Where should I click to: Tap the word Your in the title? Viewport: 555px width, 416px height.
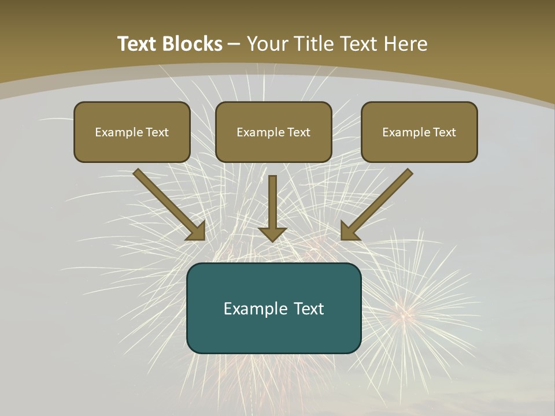click(269, 44)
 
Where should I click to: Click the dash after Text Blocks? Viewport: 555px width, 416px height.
click(234, 44)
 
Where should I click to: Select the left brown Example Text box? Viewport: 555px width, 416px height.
click(132, 132)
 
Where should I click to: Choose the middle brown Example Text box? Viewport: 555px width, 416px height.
click(273, 132)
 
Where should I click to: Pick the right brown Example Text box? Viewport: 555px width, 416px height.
click(419, 132)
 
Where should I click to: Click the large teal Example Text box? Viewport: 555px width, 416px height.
click(273, 308)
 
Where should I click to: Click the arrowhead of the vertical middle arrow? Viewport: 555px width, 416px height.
click(272, 233)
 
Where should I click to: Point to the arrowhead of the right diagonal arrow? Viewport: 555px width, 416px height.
click(349, 232)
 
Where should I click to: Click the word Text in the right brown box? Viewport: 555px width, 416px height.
click(444, 132)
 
